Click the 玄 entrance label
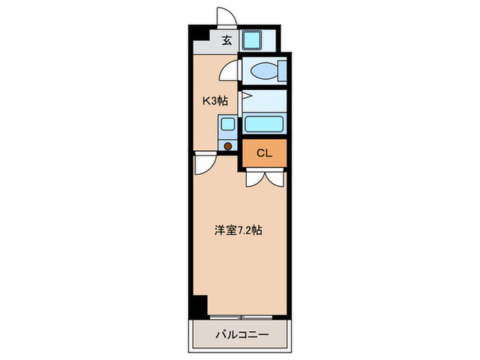click(226, 40)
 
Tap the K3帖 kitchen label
click(214, 101)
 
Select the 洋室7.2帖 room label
click(237, 231)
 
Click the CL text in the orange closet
click(264, 153)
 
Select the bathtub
click(265, 124)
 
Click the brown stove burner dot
click(227, 145)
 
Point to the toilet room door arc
click(230, 71)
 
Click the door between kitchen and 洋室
click(204, 165)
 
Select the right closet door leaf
click(274, 178)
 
